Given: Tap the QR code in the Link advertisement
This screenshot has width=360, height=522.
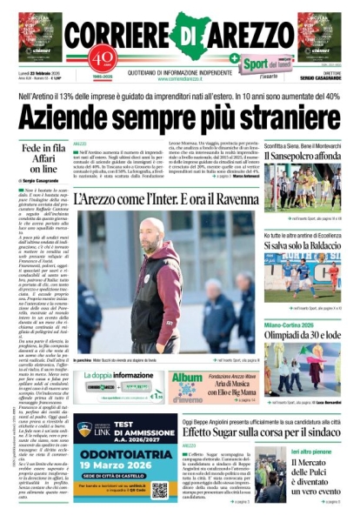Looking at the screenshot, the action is pos(159,490).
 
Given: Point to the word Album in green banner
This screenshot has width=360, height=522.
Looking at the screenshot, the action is pos(186,378).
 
